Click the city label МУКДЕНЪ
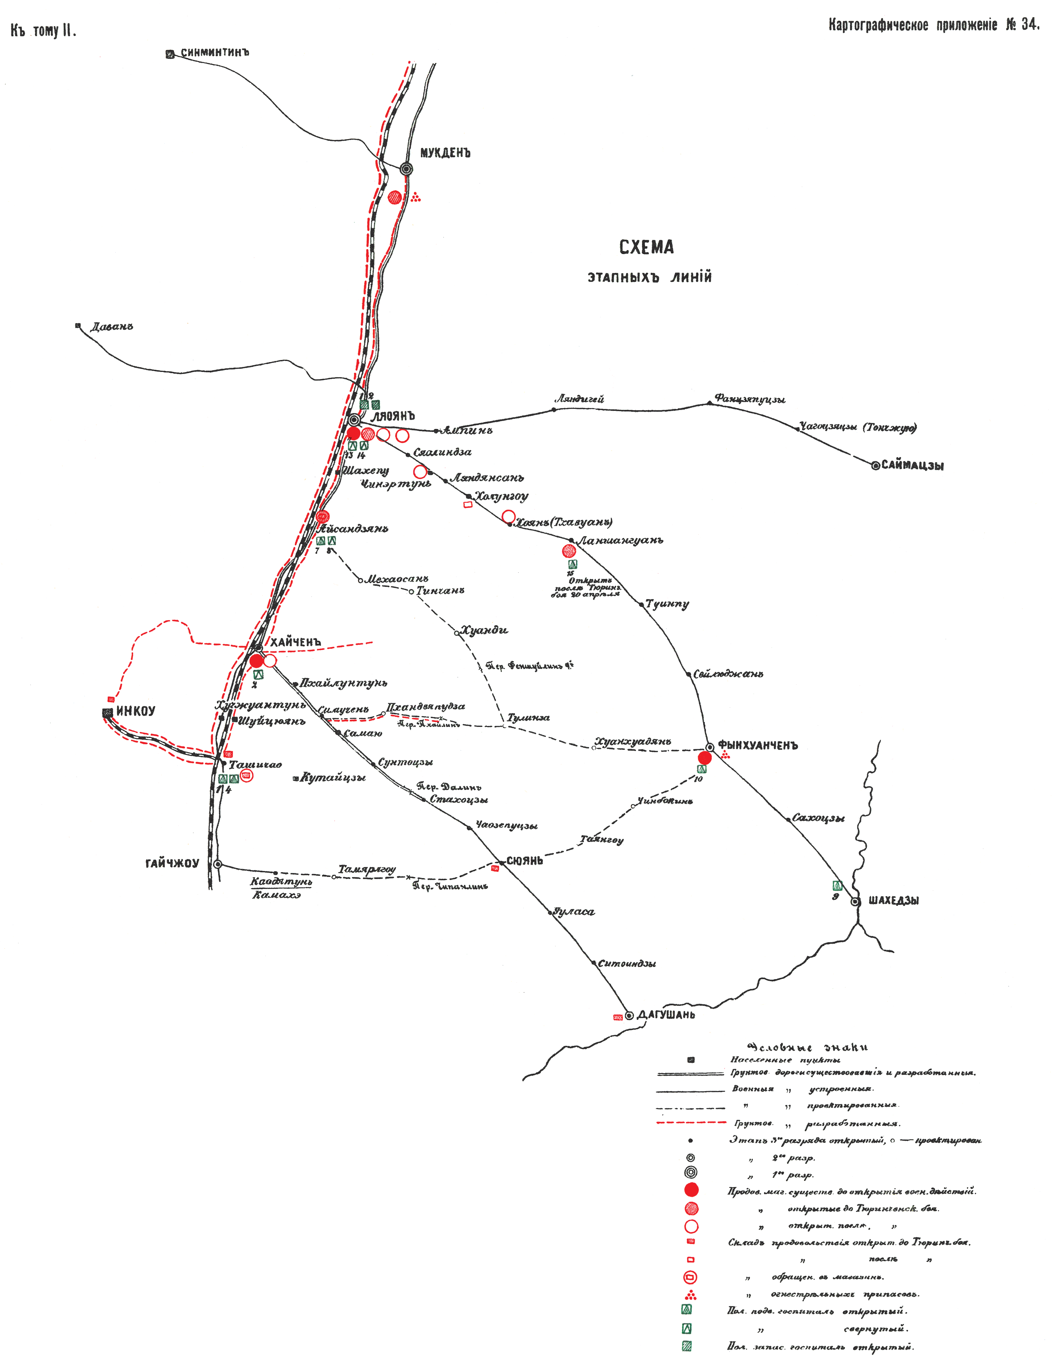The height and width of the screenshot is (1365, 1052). coord(445,153)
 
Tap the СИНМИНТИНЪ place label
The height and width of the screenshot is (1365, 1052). coord(215,53)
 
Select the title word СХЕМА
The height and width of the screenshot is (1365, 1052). coord(647,247)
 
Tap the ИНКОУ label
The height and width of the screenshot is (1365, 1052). coord(136,711)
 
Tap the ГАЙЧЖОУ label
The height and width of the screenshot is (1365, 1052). coord(172,864)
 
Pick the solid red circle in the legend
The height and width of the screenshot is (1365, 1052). coord(691,1190)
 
